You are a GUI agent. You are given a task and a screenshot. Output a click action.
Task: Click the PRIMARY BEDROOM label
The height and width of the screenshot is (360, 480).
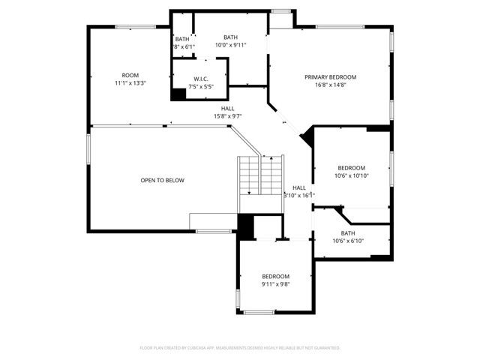[x=330, y=77]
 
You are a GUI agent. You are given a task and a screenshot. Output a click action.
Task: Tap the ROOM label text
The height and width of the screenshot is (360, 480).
[x=130, y=75]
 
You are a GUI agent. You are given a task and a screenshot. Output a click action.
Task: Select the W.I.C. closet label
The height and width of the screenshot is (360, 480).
[x=200, y=79]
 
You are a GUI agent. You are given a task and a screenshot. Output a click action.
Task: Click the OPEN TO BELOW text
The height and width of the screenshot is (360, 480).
[x=162, y=180]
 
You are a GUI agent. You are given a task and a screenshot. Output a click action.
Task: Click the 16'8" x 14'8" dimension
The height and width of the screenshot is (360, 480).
[x=330, y=85]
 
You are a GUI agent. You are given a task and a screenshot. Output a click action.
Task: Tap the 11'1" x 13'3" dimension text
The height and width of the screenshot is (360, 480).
[x=130, y=83]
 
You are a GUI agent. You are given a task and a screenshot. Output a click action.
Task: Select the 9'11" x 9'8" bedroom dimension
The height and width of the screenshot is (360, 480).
[x=275, y=284]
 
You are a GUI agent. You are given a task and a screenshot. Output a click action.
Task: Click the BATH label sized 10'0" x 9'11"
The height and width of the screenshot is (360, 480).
[x=230, y=37]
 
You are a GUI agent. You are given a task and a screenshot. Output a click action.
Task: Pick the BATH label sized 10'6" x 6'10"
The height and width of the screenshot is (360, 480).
[x=348, y=232]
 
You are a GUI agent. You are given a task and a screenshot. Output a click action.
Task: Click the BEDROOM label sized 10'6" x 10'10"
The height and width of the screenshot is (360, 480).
[x=351, y=167]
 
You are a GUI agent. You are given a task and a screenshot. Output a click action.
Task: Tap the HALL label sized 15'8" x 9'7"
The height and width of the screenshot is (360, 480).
[x=227, y=108]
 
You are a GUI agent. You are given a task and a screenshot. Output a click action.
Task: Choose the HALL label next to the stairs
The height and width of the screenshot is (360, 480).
[x=298, y=187]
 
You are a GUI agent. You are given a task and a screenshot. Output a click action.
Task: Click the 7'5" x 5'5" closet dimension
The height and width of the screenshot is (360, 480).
[x=200, y=86]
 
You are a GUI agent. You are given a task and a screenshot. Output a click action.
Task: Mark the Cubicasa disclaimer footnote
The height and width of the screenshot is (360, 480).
[x=240, y=348]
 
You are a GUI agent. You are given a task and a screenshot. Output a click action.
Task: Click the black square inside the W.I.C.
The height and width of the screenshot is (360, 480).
[x=178, y=94]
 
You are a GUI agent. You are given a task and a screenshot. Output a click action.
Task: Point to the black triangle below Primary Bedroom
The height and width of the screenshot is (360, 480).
[x=306, y=138]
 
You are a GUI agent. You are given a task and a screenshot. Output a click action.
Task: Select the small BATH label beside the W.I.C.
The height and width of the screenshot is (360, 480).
[x=182, y=39]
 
